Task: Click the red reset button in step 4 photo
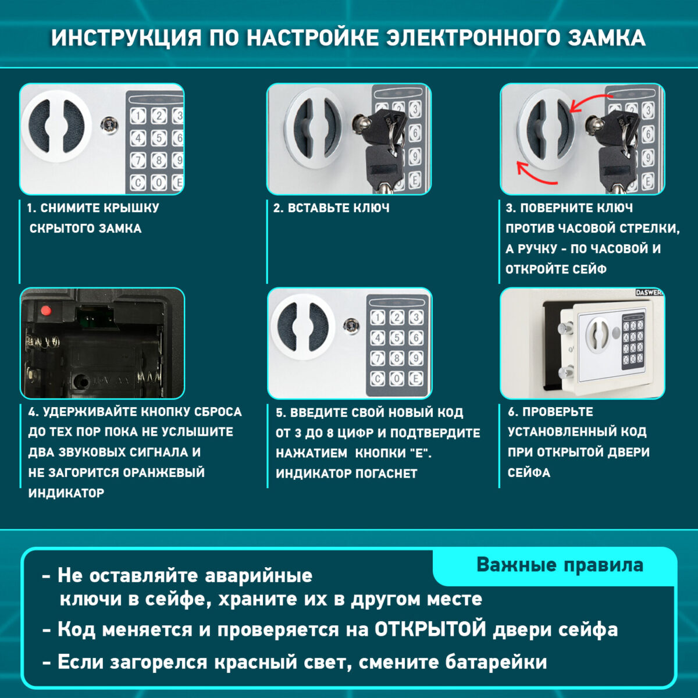coord(45,310)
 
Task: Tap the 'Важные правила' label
coord(560,565)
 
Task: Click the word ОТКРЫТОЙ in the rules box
coord(430,629)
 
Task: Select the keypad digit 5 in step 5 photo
coord(397,338)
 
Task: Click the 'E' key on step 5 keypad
coord(416,379)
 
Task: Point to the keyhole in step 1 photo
coord(108,124)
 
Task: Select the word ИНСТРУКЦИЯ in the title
coord(125,38)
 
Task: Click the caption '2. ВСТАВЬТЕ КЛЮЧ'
coord(332,208)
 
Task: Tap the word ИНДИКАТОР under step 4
coord(66,493)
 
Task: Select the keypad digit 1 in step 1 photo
coord(138,116)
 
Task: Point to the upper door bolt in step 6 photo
coord(565,329)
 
